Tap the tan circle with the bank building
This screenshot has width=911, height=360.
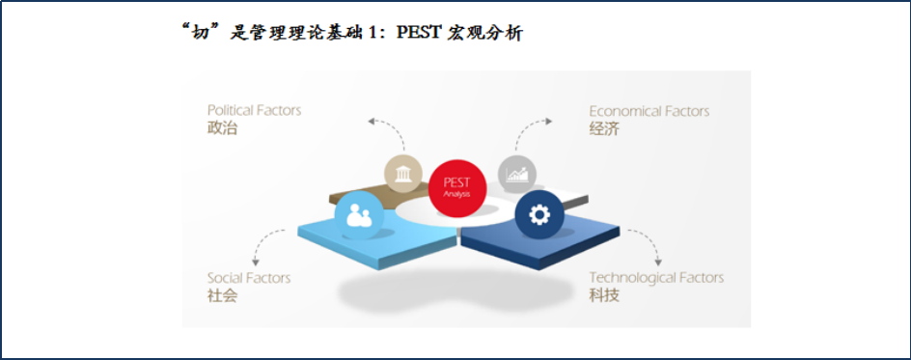(403, 174)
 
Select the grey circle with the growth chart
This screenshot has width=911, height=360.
(517, 173)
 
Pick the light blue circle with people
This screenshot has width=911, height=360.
(360, 215)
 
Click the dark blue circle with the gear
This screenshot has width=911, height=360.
(539, 215)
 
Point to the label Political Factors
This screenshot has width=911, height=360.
(255, 110)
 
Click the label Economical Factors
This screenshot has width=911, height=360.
(649, 111)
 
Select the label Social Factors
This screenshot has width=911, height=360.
(249, 278)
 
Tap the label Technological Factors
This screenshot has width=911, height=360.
(656, 278)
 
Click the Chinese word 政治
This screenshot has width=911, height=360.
(223, 127)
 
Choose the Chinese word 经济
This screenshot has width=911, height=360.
(604, 128)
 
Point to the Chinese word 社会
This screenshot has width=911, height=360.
(223, 295)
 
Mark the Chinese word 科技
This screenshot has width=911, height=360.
(604, 295)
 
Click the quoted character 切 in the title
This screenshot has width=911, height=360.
(201, 34)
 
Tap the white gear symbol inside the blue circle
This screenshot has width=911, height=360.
(539, 215)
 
